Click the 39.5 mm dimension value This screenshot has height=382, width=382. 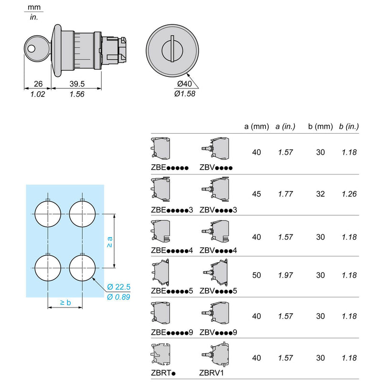77,84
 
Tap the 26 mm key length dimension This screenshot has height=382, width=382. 38,84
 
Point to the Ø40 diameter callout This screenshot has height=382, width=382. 184,84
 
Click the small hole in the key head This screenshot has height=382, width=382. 32,49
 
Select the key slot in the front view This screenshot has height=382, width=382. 172,49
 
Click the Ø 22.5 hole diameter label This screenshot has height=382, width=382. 118,287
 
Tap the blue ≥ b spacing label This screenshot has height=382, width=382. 65,303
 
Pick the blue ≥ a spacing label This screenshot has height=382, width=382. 110,242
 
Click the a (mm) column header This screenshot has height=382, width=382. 256,127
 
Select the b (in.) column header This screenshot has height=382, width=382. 349,127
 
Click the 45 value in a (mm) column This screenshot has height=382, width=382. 256,194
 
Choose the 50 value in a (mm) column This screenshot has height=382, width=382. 256,276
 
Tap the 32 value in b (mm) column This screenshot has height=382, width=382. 320,194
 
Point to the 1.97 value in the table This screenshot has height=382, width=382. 285,276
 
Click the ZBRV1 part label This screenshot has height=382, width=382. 211,373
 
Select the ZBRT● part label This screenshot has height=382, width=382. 163,373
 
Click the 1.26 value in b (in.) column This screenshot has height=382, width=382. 349,194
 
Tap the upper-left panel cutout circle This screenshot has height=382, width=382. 48,214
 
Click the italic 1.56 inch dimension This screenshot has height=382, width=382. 77,94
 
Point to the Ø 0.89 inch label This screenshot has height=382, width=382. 118,297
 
